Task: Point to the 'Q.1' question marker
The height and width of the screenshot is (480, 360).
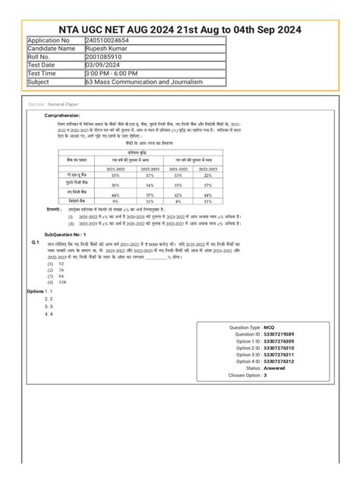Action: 35,242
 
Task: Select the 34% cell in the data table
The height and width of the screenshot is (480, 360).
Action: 151,185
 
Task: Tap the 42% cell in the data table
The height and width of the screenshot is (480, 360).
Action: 178,195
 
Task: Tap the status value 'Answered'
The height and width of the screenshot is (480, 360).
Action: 275,368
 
